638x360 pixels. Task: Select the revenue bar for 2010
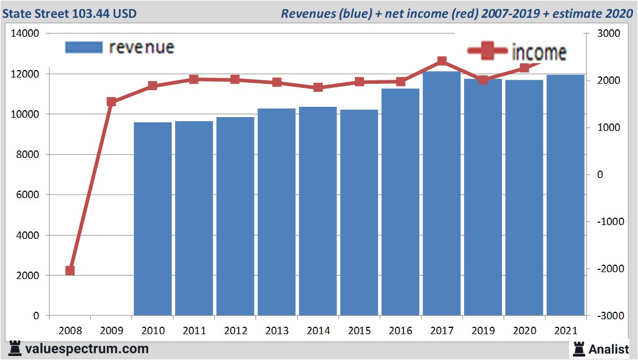point(153,219)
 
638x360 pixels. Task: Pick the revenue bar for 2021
point(566,195)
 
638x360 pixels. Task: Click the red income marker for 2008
point(70,270)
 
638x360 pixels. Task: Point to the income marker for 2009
point(111,102)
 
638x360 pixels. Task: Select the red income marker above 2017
point(442,61)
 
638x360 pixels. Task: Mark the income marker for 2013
point(277,83)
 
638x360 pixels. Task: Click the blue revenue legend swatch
point(84,47)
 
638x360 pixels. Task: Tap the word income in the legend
point(539,52)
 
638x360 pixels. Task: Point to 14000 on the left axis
point(25,34)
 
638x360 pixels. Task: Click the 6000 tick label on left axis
point(27,195)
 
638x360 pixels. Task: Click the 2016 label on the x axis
point(400,331)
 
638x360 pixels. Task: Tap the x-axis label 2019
point(483,331)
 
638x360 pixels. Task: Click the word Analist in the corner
point(609,349)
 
